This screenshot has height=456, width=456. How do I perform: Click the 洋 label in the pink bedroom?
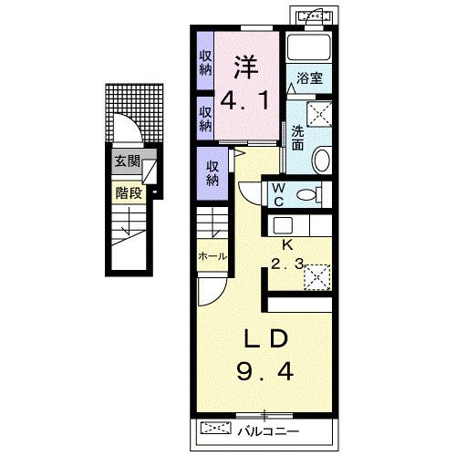coord(246,67)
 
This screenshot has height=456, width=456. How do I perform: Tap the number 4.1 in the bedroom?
coord(245,101)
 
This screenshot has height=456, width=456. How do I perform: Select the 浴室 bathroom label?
coord(309,78)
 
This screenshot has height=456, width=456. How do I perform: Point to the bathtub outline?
coord(309,47)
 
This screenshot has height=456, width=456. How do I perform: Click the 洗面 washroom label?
coord(297,138)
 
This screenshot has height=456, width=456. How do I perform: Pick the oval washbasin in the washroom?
coord(322,160)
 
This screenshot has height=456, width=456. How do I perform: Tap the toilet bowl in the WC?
coord(306,194)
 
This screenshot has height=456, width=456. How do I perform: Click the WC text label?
coord(278,194)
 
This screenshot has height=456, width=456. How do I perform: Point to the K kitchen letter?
coord(286,245)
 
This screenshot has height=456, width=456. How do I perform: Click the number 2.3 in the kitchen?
coord(287,264)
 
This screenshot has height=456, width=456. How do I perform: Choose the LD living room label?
coord(266,338)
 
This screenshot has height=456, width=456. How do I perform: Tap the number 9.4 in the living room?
coord(265,372)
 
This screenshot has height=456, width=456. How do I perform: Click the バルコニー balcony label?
coord(268,431)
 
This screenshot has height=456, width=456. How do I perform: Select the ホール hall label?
coord(212,256)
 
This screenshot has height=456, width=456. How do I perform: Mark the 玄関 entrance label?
coord(127,161)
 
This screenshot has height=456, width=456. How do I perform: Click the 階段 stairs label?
coord(129,192)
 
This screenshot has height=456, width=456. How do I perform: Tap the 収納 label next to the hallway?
coord(212,173)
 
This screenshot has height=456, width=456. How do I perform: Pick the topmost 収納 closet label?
coord(205,63)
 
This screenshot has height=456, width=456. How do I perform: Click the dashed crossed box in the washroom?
coord(319,113)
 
